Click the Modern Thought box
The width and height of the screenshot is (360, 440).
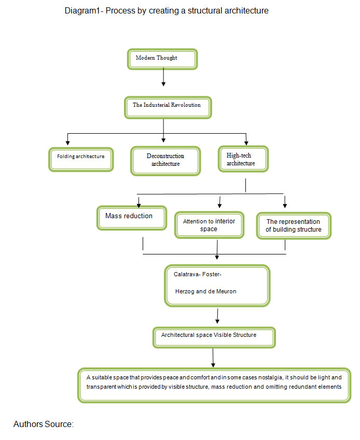tap(162, 59)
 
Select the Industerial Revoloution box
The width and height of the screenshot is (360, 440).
tap(168, 107)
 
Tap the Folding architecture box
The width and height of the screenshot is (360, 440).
tap(81, 160)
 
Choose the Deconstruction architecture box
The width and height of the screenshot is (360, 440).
tap(165, 161)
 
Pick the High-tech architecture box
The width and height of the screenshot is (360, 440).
tap(243, 159)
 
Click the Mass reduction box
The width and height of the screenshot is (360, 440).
tap(132, 218)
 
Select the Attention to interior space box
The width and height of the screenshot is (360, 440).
tap(209, 225)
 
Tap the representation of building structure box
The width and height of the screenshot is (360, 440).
tap(294, 225)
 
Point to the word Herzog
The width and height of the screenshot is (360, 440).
tap(185, 292)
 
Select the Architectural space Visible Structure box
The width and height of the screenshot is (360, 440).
tap(214, 337)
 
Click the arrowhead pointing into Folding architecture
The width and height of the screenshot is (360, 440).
tap(67, 143)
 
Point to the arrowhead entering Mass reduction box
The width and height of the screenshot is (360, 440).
tap(139, 205)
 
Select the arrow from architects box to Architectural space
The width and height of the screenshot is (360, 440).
tap(217, 316)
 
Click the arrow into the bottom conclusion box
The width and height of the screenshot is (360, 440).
tap(213, 358)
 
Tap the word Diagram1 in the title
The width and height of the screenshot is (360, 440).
tap(82, 11)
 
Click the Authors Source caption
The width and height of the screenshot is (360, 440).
tap(43, 424)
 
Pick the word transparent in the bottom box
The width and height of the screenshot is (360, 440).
tap(101, 387)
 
